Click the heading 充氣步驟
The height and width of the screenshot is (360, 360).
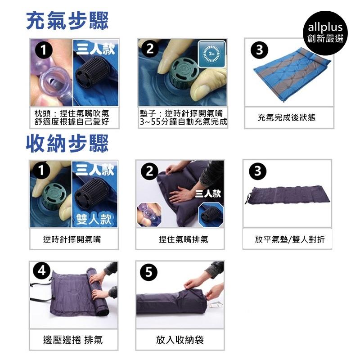67,21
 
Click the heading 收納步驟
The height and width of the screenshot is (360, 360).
67,144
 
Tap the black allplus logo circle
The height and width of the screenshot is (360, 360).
325,33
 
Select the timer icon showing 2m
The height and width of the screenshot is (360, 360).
211,54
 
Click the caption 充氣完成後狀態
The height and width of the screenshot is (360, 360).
287,117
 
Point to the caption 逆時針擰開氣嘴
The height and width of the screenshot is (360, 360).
72,239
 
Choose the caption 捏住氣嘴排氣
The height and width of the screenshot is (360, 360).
184,239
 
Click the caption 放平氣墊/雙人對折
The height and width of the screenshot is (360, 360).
290,239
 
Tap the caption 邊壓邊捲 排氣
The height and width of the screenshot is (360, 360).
73,340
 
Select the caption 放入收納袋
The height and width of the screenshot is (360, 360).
180,340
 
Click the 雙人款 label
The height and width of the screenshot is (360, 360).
94,219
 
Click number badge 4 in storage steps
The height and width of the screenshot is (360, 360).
42,271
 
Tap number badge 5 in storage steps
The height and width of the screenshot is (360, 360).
149,272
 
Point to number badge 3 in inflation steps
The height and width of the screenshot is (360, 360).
260,50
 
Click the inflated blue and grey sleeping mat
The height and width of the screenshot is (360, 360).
292,73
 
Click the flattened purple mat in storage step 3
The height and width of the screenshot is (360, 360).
288,195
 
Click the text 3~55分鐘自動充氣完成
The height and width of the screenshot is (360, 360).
184,121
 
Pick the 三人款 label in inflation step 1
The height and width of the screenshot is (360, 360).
95,49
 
